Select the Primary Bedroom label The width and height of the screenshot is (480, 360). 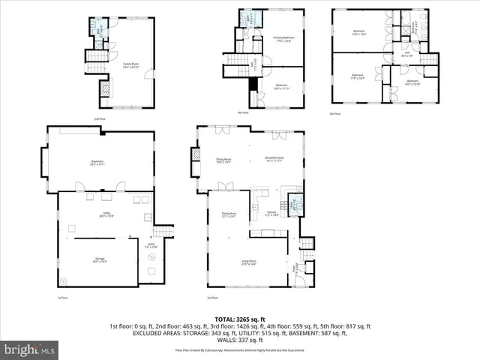[x=283, y=39]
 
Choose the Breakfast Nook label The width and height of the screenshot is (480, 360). [x=274, y=158]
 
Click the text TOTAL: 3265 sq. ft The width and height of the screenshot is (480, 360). [x=239, y=319]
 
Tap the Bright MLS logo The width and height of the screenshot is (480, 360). [x=29, y=349]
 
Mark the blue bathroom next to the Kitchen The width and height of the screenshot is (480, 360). [x=295, y=203]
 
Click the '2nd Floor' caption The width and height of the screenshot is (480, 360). [x=99, y=118]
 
